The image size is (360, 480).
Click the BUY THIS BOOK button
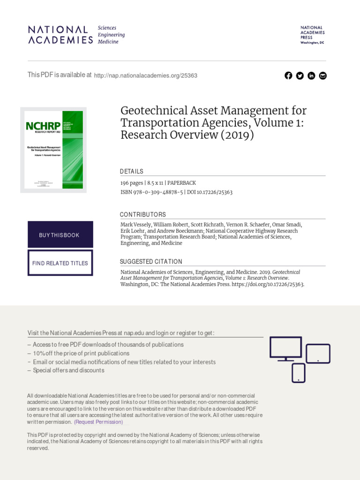(x=60, y=235)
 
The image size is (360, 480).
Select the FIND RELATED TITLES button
(x=60, y=263)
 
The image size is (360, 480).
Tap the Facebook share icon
(x=288, y=76)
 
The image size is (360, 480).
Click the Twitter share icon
(x=300, y=76)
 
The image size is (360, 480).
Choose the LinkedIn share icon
(x=311, y=76)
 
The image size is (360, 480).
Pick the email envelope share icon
(x=322, y=76)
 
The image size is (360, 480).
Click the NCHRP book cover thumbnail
(x=53, y=150)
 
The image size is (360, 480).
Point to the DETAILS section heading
(x=132, y=172)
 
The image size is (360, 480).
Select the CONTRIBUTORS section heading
(x=143, y=215)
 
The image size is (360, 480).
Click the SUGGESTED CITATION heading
(x=151, y=262)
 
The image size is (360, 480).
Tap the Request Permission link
(x=98, y=422)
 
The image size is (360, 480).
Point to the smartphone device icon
(x=299, y=373)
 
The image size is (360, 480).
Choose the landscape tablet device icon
(x=318, y=353)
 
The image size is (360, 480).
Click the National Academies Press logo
(x=312, y=35)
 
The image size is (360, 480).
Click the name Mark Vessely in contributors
(x=136, y=225)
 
